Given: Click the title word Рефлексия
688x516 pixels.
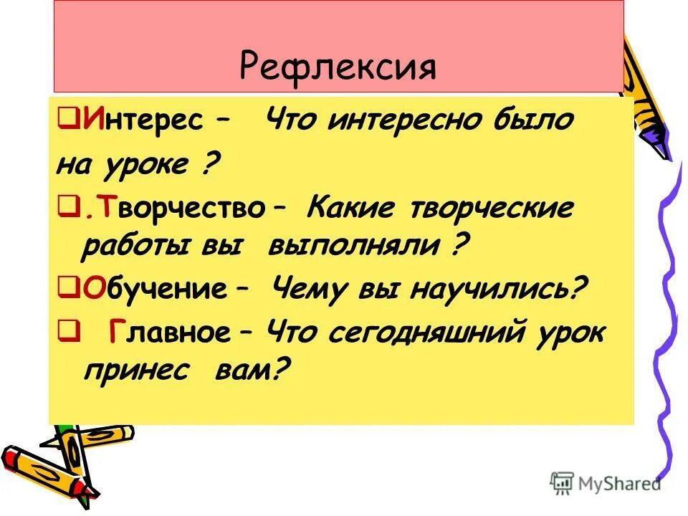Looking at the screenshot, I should (338, 68).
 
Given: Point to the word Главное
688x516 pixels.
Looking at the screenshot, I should (171, 333).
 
